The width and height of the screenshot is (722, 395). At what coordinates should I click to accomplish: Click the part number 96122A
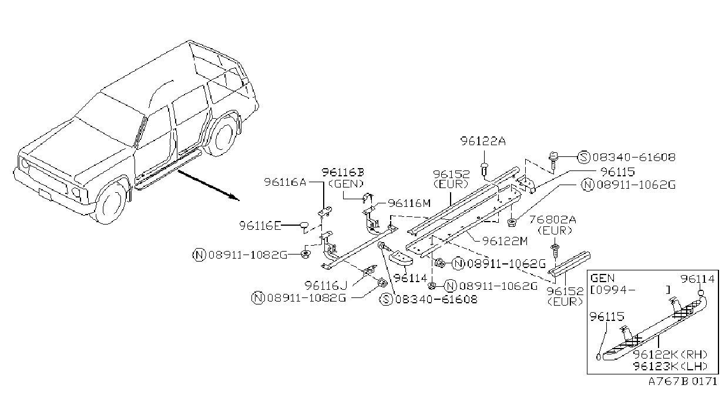(x=483, y=141)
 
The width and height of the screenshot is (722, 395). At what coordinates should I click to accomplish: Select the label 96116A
(x=284, y=182)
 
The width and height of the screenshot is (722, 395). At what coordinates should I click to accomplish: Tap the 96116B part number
(x=342, y=172)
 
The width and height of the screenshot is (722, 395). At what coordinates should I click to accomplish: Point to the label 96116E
(x=260, y=225)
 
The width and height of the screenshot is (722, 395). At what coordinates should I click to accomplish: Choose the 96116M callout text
(x=409, y=203)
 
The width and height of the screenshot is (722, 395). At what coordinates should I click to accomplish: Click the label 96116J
(x=326, y=285)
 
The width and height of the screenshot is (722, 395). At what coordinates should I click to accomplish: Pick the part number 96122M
(x=505, y=241)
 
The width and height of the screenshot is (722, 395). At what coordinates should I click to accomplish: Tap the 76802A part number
(x=552, y=220)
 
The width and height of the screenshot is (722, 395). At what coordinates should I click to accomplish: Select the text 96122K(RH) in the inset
(x=670, y=354)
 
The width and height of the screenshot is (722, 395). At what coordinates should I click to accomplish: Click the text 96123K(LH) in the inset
(x=670, y=366)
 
